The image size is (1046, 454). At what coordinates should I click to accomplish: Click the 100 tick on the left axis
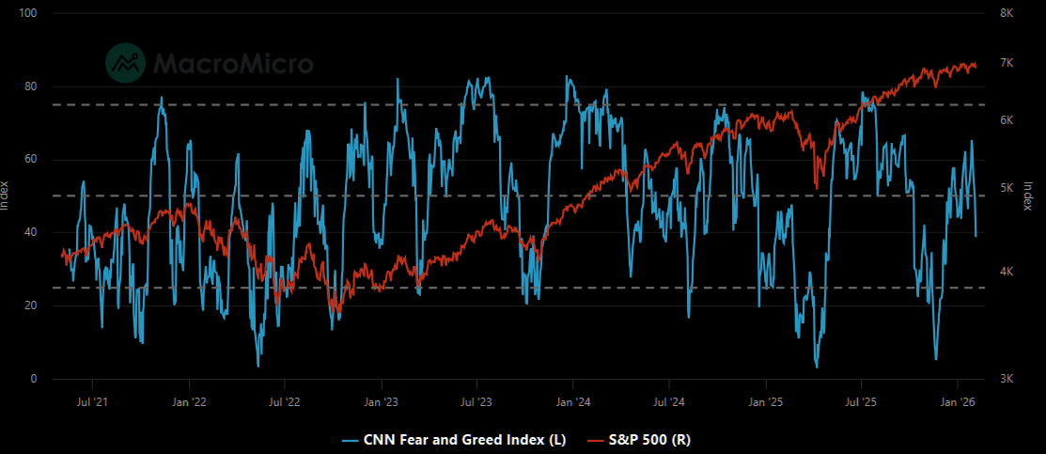click(27, 13)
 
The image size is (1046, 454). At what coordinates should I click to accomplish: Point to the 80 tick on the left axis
click(30, 86)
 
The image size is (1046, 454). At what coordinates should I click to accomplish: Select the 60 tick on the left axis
click(30, 160)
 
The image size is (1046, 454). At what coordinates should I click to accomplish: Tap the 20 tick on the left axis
click(30, 305)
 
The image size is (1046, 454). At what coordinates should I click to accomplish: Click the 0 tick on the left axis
click(33, 379)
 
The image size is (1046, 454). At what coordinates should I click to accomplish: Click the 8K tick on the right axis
click(1006, 13)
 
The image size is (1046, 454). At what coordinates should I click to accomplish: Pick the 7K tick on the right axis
click(1006, 63)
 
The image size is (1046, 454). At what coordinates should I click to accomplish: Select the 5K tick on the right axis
click(1006, 188)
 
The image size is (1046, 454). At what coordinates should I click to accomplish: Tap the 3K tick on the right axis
click(1006, 379)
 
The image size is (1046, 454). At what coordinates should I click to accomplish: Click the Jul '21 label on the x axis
click(93, 402)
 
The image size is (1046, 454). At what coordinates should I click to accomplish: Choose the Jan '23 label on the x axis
click(381, 402)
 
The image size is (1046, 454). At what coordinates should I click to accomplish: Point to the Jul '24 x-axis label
click(668, 402)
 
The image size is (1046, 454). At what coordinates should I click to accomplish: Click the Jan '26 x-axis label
click(957, 402)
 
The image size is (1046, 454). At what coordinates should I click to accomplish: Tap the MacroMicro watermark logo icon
click(124, 61)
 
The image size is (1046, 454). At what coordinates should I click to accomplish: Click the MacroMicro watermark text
click(233, 63)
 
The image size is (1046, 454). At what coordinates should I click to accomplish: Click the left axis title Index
click(6, 196)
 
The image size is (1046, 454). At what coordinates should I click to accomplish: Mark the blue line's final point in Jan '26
click(976, 236)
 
